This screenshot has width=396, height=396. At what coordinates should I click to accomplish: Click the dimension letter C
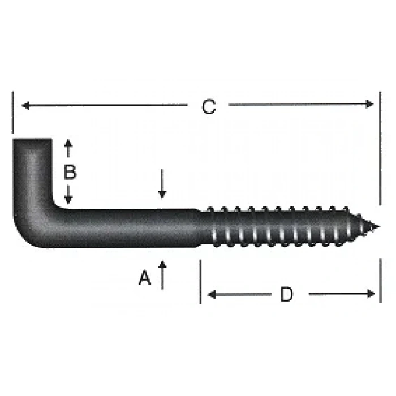pos(209,107)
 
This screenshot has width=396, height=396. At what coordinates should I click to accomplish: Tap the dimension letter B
pos(70,172)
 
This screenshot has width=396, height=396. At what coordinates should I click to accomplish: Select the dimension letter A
pos(145,278)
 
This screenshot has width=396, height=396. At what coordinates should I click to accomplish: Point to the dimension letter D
pos(287,294)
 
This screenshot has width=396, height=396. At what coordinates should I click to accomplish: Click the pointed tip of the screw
pos(377,227)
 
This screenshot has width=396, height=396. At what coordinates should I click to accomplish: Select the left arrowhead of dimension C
pos(24,105)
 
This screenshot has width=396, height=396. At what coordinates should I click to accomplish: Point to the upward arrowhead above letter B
pos(69,143)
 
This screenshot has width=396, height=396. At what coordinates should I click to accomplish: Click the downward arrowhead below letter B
pos(69,200)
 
